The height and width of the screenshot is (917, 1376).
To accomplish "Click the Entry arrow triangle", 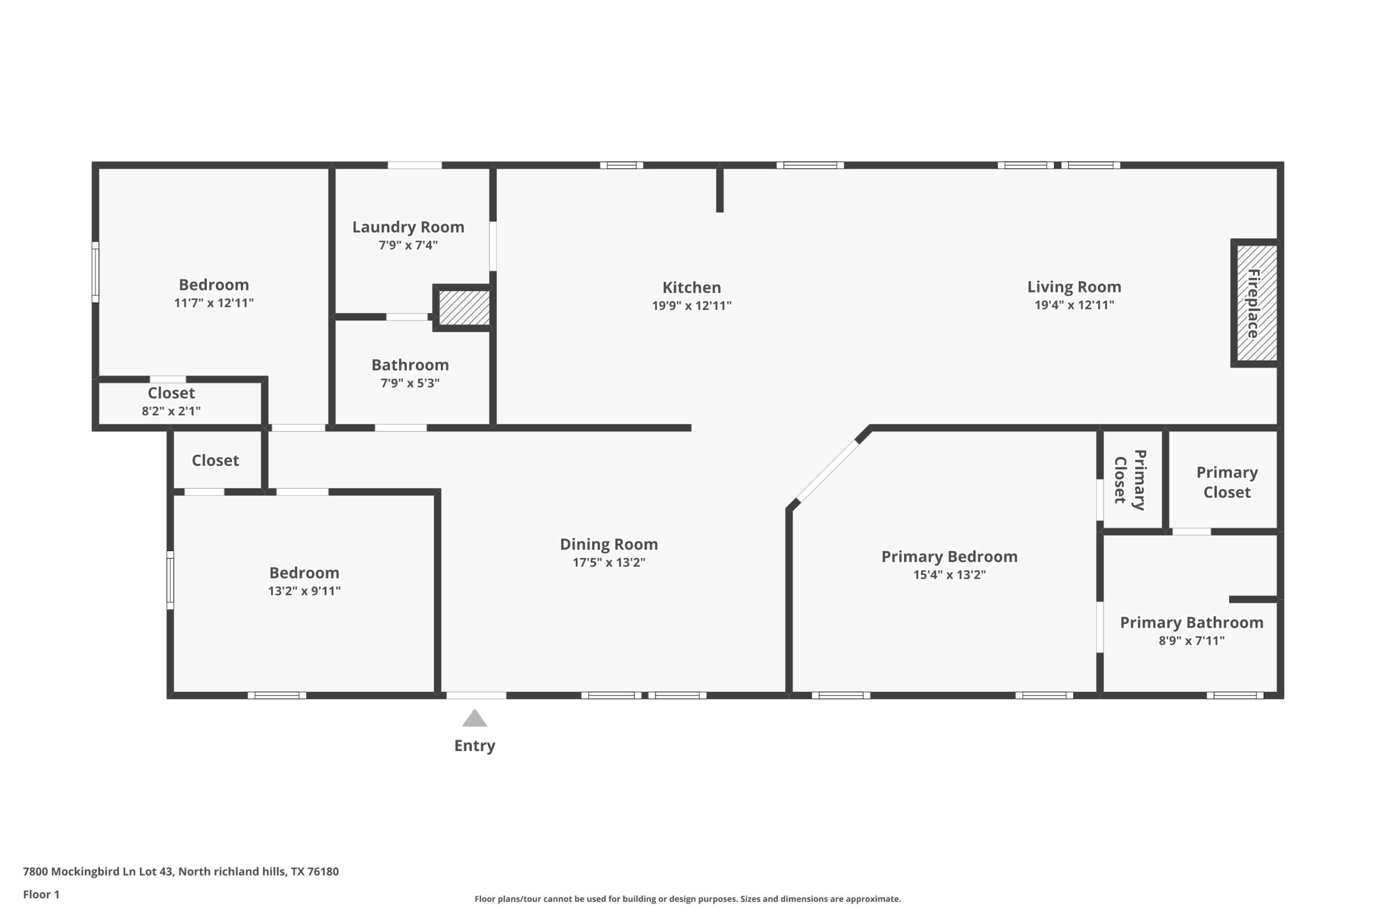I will click(x=475, y=719).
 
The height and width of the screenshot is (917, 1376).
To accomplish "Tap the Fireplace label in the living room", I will click(x=1254, y=304).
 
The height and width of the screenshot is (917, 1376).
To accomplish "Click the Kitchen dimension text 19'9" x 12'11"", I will click(x=692, y=305).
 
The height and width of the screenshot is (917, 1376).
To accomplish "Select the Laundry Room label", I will click(x=408, y=227).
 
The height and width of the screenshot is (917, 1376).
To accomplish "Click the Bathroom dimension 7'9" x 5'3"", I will click(x=410, y=383).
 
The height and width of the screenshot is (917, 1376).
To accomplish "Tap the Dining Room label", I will click(x=608, y=545).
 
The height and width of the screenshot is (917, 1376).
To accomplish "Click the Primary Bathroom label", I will click(x=1191, y=622).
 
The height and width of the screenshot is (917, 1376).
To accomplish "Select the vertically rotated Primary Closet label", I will click(x=1130, y=480).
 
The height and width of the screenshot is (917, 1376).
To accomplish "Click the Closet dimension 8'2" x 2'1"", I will click(x=171, y=410).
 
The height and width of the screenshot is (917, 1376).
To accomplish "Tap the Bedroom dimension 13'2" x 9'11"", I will click(x=304, y=591).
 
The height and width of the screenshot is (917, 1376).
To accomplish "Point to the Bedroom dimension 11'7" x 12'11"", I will click(x=213, y=303).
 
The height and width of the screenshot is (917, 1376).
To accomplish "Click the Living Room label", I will click(x=1073, y=286).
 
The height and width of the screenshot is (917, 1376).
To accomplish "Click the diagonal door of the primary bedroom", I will click(x=828, y=471).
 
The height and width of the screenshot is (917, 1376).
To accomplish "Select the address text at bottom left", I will click(x=180, y=871).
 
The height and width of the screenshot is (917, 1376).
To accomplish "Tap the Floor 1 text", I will click(x=41, y=894).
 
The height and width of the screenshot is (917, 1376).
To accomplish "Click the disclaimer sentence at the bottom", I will click(x=687, y=899).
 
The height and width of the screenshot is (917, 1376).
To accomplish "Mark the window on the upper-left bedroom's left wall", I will click(x=95, y=272).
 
